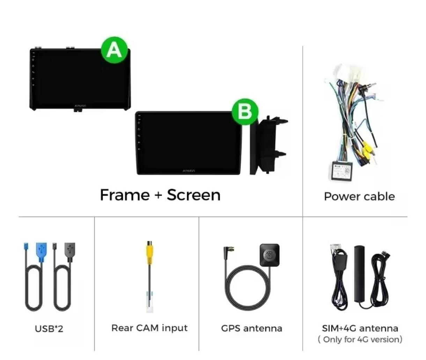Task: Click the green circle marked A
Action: click(115, 50)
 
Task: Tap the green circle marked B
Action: click(245, 112)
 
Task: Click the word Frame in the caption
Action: click(125, 195)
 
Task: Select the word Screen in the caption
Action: click(194, 195)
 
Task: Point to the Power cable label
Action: click(360, 196)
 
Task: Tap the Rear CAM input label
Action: click(149, 328)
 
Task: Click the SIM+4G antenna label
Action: click(360, 328)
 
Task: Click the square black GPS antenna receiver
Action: click(270, 255)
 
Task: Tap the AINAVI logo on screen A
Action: click(80, 106)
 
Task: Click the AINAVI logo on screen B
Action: click(189, 171)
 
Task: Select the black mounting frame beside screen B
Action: click(268, 145)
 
